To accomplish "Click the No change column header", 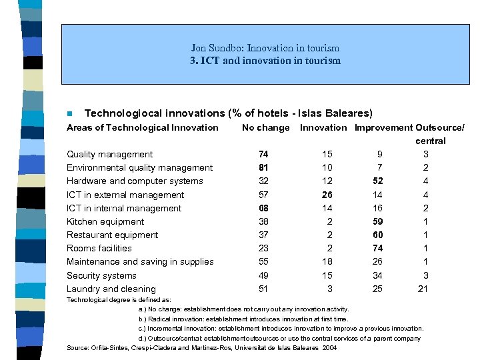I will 265,127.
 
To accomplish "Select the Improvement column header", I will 383,127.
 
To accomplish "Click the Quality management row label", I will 109,154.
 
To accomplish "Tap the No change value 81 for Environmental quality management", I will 263,167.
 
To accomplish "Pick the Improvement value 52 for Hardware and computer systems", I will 377,181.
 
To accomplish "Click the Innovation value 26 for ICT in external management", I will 327,195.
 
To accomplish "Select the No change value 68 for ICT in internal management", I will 263,208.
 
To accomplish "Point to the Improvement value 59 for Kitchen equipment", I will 377,221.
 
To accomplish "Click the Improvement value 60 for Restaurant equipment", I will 377,235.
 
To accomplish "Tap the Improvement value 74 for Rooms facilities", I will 377,248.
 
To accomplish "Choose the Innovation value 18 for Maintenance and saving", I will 327,262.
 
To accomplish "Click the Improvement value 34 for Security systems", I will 377,275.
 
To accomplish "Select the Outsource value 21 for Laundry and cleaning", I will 422,289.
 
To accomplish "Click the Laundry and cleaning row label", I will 111,289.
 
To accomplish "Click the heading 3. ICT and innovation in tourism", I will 265,61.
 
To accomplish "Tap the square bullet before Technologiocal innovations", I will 69,114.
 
